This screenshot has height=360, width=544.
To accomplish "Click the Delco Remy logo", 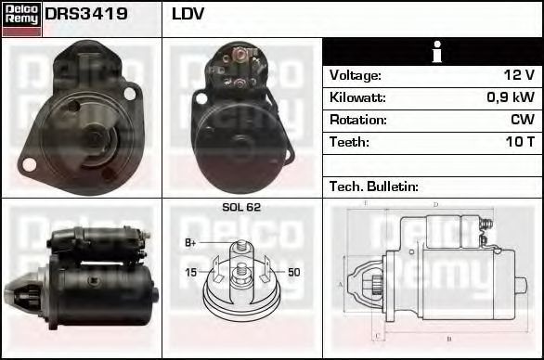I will tap(21, 19).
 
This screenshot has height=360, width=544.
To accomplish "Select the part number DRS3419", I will tap(86, 15).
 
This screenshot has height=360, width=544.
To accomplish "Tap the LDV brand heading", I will tap(188, 15).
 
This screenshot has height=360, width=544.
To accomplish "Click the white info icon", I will tap(432, 52).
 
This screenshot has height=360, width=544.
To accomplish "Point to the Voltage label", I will tap(355, 75).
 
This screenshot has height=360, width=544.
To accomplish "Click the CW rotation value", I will tap(523, 120).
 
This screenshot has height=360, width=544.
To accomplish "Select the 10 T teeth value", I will tap(519, 142).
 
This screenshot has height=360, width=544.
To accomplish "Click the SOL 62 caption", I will tap(241, 207).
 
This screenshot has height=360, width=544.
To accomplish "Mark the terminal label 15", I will tap(190, 272).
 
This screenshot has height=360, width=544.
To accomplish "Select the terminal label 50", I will tap(293, 272).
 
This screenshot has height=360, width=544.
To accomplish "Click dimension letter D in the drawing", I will tap(435, 204).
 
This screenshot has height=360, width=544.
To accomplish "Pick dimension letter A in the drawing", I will tap(341, 284).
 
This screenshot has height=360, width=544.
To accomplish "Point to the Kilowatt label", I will tap(357, 97).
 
